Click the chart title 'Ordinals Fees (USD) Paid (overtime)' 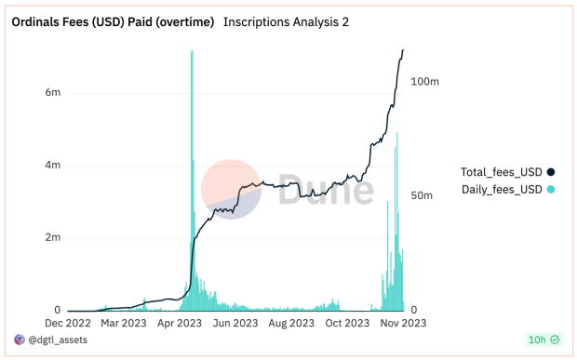[x=113, y=21]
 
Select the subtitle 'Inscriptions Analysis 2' [x=287, y=21]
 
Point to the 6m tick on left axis [x=53, y=93]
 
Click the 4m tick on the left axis [x=53, y=166]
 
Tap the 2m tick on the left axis [x=53, y=238]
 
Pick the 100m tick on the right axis [x=424, y=82]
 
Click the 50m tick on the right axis [x=422, y=196]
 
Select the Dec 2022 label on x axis [x=68, y=324]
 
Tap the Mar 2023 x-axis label [x=124, y=324]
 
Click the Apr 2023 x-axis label [x=181, y=324]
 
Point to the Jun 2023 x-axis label [x=236, y=324]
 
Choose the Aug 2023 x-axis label [x=292, y=324]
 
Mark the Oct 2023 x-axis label [x=348, y=324]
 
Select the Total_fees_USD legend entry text [x=502, y=172]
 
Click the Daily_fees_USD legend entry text [x=502, y=190]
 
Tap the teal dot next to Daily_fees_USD [x=551, y=190]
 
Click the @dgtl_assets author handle [x=58, y=341]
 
